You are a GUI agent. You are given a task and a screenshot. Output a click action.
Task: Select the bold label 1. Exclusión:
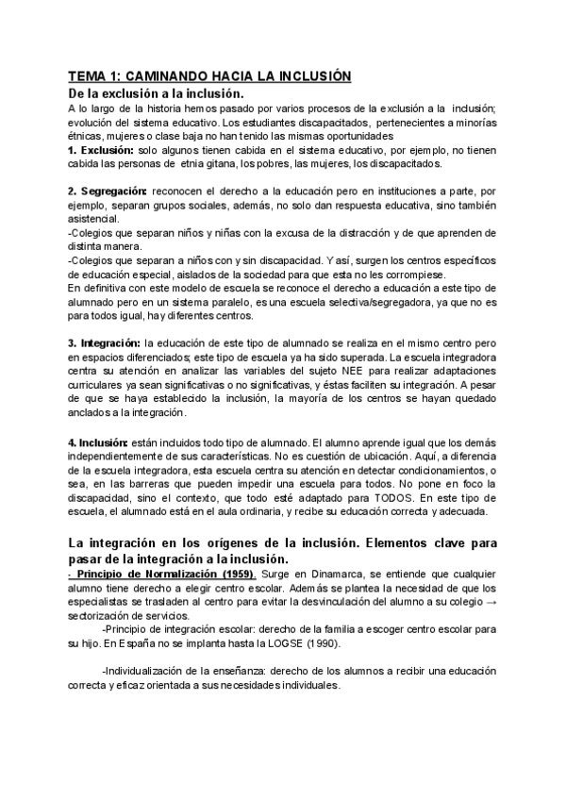click(101, 150)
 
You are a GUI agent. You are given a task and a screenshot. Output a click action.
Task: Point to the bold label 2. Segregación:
click(109, 192)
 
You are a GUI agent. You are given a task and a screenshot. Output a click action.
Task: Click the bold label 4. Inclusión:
click(99, 415)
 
